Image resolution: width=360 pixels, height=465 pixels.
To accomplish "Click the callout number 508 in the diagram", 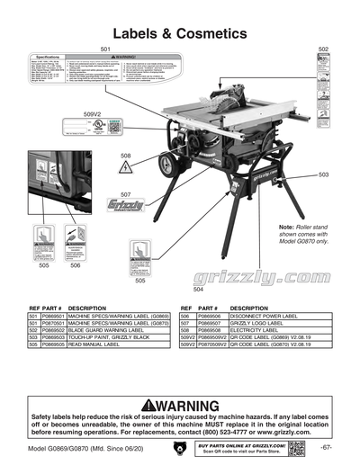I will pos(126,156).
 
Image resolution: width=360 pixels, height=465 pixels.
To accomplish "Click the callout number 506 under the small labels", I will pos(76,265).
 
